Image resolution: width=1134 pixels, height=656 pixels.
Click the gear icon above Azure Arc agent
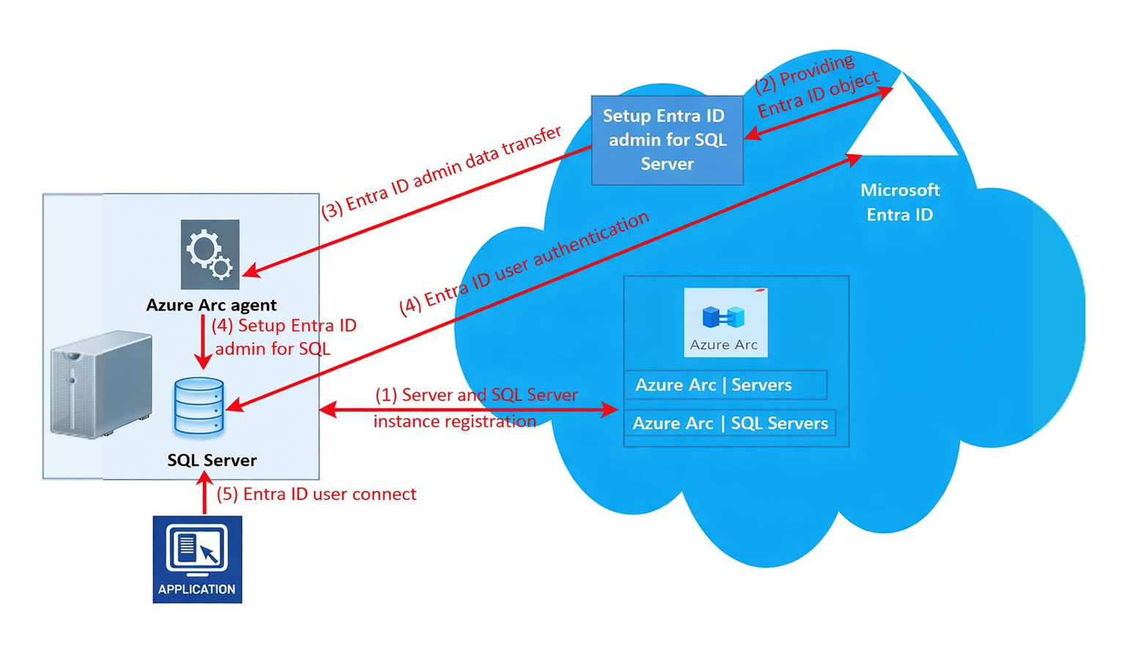[x=210, y=254]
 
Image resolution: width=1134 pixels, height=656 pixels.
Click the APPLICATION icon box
[x=197, y=559]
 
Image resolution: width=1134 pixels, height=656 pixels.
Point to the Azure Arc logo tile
[x=725, y=322]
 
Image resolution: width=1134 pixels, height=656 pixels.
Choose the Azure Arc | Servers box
[x=725, y=385]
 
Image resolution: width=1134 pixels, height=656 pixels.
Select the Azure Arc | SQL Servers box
[x=730, y=423]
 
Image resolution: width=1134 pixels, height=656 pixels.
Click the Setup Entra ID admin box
[x=667, y=139]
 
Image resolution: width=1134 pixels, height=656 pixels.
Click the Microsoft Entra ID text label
[x=900, y=202]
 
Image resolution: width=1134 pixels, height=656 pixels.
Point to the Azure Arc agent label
[x=211, y=305]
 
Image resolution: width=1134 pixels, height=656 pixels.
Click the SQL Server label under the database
[x=212, y=460]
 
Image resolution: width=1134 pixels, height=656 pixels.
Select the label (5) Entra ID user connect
[x=316, y=494]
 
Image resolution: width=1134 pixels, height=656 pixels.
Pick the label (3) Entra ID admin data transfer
[x=442, y=172]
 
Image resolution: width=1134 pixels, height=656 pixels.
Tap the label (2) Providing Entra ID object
[x=816, y=86]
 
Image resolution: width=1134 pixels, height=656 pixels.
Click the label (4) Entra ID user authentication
[x=524, y=263]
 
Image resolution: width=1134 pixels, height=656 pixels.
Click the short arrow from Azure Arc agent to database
[x=203, y=342]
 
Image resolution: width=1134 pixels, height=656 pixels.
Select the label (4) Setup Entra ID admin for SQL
[x=283, y=337]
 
